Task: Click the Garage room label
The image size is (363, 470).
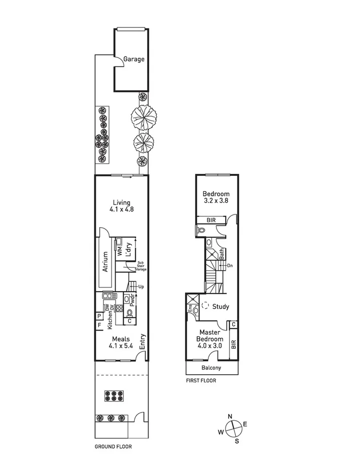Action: [x=134, y=59]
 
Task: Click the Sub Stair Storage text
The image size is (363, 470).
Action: [x=141, y=266]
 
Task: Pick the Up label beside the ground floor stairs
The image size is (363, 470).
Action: [x=140, y=287]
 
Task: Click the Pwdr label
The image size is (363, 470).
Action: [x=131, y=299]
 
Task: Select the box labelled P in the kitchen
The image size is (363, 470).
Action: [x=99, y=315]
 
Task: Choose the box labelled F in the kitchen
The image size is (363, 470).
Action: [x=99, y=324]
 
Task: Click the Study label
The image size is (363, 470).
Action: [x=221, y=307]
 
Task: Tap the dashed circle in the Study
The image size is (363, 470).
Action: [x=205, y=306]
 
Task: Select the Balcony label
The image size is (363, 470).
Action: [x=212, y=368]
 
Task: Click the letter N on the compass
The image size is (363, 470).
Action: [x=230, y=416]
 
